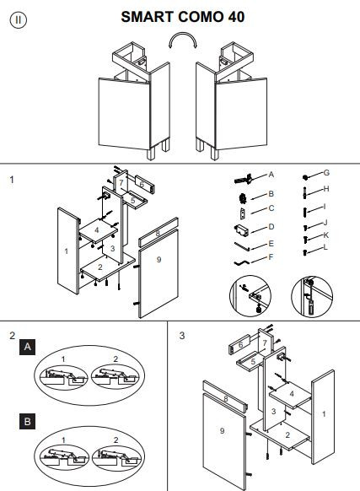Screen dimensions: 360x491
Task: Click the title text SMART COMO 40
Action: click(182, 17)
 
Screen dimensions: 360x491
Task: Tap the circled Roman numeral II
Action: click(19, 19)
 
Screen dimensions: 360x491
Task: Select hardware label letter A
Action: click(271, 175)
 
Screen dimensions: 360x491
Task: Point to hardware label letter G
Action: click(326, 173)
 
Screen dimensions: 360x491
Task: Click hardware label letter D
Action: click(271, 227)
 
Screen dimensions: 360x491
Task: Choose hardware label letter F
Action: click(271, 257)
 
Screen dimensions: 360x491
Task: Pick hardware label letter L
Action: click(325, 247)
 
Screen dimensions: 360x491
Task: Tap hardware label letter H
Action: click(326, 189)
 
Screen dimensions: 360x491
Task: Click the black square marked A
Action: click(27, 347)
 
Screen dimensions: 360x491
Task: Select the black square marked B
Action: click(27, 422)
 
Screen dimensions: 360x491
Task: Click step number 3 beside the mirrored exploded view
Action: click(182, 336)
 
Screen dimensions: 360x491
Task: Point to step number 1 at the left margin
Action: click(12, 180)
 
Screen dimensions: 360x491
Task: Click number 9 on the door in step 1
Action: click(159, 260)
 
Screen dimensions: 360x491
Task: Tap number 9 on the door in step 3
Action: click(222, 431)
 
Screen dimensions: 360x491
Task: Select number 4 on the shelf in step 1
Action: click(97, 230)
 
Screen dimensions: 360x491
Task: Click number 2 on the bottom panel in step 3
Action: click(287, 434)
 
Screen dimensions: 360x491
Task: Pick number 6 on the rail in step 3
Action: click(240, 345)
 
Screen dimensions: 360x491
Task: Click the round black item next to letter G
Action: click(305, 177)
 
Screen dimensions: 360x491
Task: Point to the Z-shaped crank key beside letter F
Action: click(241, 262)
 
